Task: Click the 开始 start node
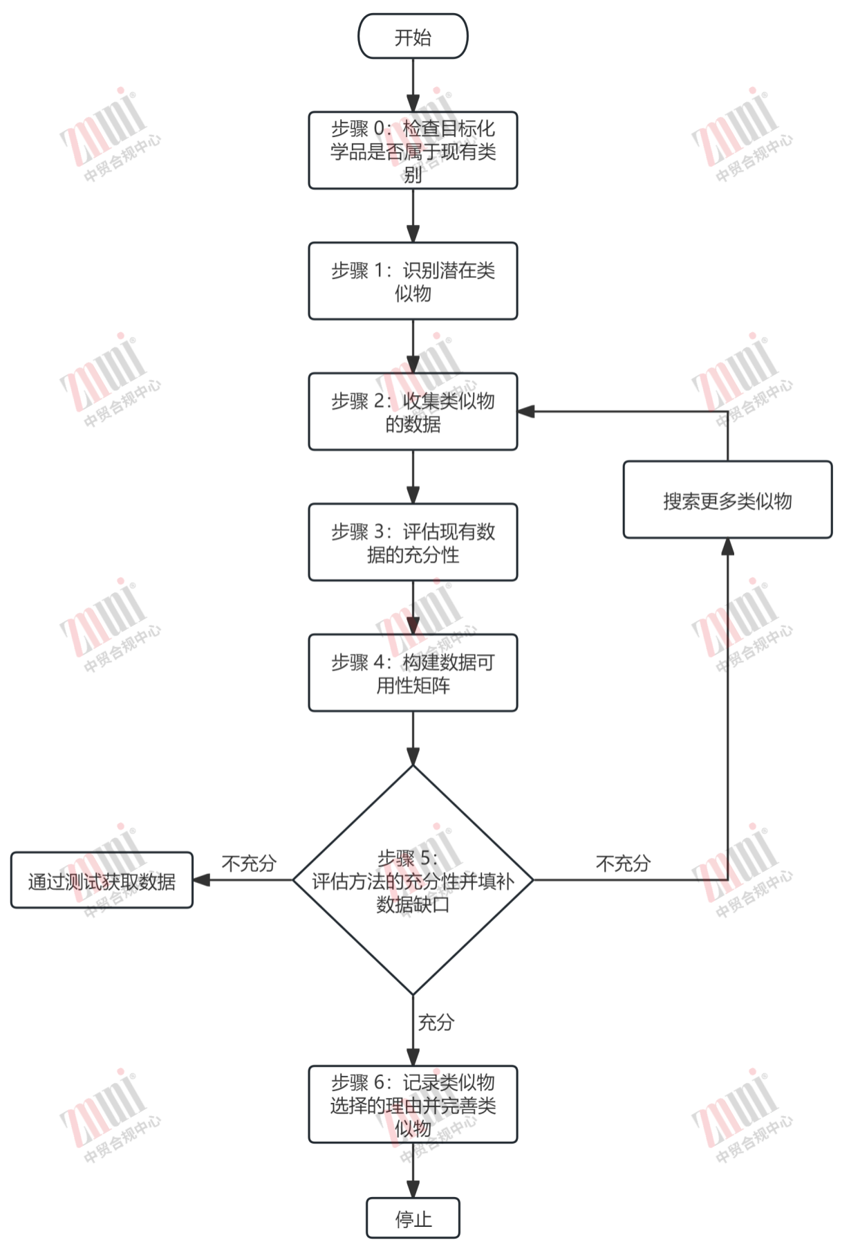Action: (413, 37)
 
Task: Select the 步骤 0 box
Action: (413, 150)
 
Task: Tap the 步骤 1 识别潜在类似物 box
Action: (413, 281)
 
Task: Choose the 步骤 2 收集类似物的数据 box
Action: (413, 412)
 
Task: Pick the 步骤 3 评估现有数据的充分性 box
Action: (413, 543)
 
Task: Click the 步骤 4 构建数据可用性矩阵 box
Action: (413, 673)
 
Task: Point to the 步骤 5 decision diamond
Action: (413, 880)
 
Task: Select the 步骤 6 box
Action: (413, 1104)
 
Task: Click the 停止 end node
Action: (413, 1218)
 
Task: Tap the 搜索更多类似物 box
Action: (727, 500)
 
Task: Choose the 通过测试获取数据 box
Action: (102, 880)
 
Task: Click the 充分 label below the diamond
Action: (436, 1022)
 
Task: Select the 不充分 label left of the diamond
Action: (249, 864)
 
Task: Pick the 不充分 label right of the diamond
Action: (623, 864)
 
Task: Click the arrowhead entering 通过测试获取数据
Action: (202, 880)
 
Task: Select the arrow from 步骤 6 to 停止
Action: (413, 1171)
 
